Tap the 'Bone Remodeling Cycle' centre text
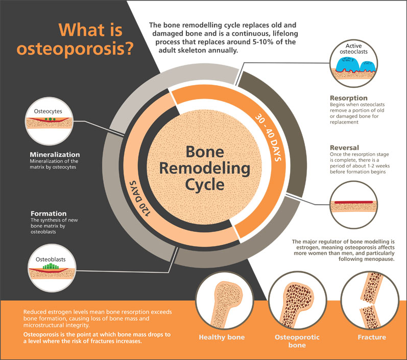[204, 167]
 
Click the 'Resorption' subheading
[348, 98]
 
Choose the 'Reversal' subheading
[345, 148]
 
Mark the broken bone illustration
[371, 301]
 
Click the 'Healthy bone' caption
[221, 337]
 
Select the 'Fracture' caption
[371, 337]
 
